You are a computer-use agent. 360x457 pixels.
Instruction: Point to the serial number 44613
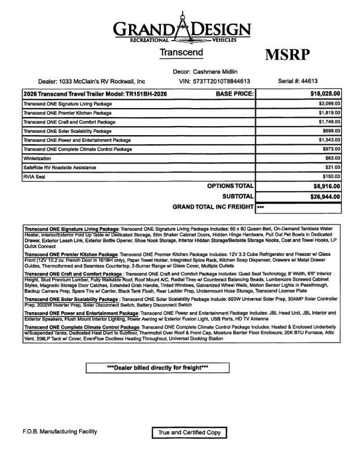322,81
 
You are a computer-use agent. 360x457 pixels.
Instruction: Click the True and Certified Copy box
189,433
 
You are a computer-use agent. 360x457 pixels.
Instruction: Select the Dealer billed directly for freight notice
157,368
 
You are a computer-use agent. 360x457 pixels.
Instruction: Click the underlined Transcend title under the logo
181,53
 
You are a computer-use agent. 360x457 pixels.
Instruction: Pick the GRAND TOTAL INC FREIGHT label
213,207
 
